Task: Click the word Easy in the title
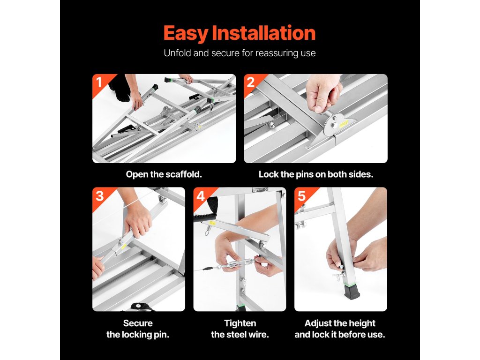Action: coord(186,33)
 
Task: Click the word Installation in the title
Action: coord(263,33)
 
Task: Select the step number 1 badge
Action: coord(99,82)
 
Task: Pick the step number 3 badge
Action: coord(100,196)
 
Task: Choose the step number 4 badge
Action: coord(201,196)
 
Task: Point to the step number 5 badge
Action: coord(302,196)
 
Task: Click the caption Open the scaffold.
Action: coord(164,174)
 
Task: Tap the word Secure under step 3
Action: coord(138,323)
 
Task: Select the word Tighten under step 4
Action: coord(240,323)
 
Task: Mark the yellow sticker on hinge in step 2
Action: coord(344,123)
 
